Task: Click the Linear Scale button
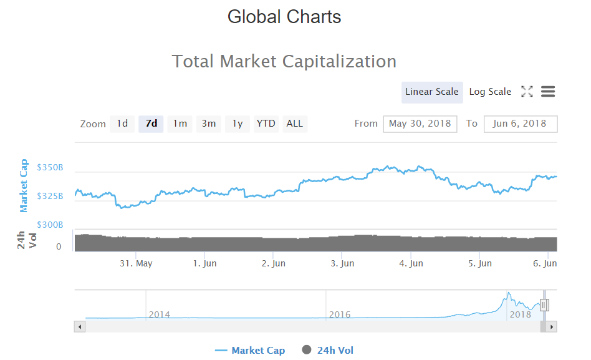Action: (x=431, y=92)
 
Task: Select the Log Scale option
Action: (x=490, y=92)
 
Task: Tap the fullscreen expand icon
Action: (x=527, y=92)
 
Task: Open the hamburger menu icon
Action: (x=548, y=92)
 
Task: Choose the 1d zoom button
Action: (x=122, y=124)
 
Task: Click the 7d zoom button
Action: (x=151, y=124)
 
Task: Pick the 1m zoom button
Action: (x=180, y=124)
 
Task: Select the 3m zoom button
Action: (x=208, y=124)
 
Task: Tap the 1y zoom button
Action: (x=238, y=124)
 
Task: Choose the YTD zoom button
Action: (x=266, y=124)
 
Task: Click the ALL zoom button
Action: (x=295, y=124)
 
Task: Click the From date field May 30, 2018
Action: (x=420, y=124)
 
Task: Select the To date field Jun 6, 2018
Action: (x=520, y=124)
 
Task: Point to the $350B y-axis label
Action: (x=50, y=168)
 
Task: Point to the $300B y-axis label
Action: (x=50, y=225)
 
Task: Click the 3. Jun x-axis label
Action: (x=342, y=263)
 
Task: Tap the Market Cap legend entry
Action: (x=250, y=350)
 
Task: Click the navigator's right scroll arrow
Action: (x=552, y=326)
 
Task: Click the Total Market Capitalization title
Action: (x=284, y=61)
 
